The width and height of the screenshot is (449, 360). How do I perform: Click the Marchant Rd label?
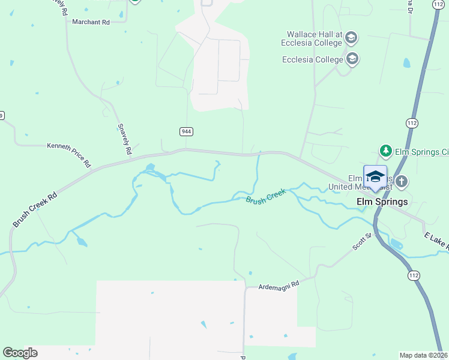pos(91,22)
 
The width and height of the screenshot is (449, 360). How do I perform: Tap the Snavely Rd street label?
pos(124,139)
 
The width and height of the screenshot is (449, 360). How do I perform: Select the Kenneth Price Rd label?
pos(69,154)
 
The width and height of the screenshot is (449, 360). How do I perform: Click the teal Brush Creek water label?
pos(265,196)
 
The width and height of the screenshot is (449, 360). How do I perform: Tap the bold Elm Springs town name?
pos(382,202)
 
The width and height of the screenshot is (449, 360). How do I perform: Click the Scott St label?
pos(363,241)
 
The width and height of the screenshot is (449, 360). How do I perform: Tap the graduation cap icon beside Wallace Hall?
pos(351,39)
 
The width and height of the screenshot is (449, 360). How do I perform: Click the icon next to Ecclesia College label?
pos(352,59)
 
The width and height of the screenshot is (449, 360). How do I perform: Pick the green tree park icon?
pos(385,151)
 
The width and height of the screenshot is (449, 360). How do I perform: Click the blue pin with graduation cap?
pos(375,176)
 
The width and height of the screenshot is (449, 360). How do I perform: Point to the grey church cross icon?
pos(402,181)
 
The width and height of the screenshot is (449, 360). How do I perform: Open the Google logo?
pos(20,353)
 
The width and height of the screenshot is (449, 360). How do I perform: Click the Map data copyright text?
pos(423,355)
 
